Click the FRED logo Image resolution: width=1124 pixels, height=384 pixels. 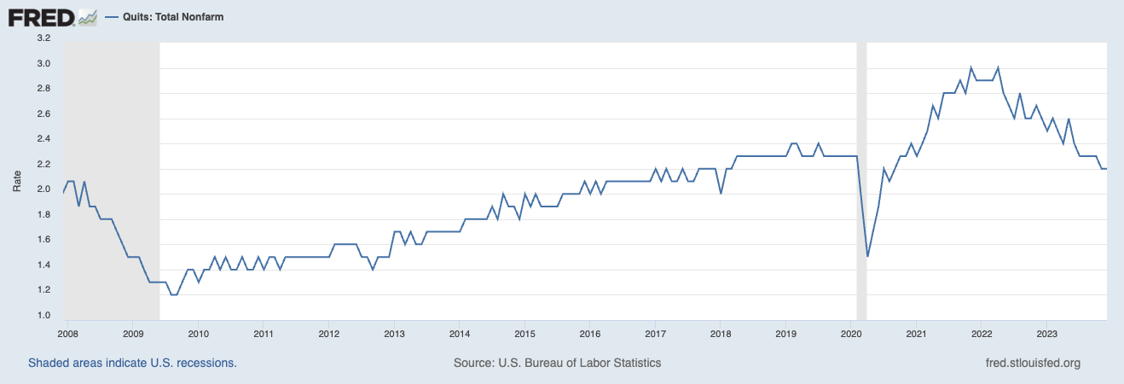pos(40,16)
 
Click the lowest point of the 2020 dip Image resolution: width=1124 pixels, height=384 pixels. pos(867,256)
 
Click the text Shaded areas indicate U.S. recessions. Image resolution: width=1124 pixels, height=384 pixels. pos(132,363)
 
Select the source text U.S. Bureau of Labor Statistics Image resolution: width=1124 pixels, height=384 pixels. pos(558,363)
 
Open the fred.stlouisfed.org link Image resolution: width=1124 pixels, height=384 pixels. pos(1032,363)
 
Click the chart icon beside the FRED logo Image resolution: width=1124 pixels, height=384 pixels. pos(87,16)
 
